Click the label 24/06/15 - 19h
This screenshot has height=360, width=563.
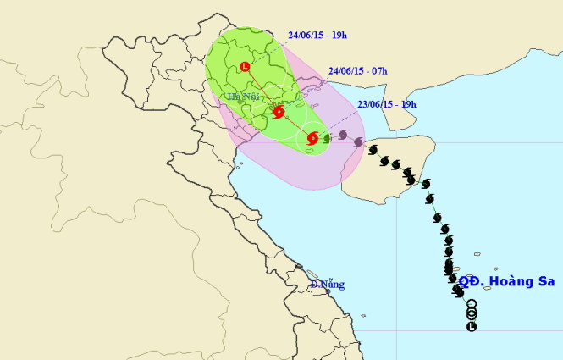317,36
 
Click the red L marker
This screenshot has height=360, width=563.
245,66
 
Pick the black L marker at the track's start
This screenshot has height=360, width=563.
472,326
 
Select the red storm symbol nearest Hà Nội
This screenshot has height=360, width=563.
278,112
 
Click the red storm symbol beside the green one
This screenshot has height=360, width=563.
312,137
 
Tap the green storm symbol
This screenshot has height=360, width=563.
327,137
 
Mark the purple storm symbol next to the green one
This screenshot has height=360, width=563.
343,135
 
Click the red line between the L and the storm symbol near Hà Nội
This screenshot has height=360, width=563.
261,88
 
